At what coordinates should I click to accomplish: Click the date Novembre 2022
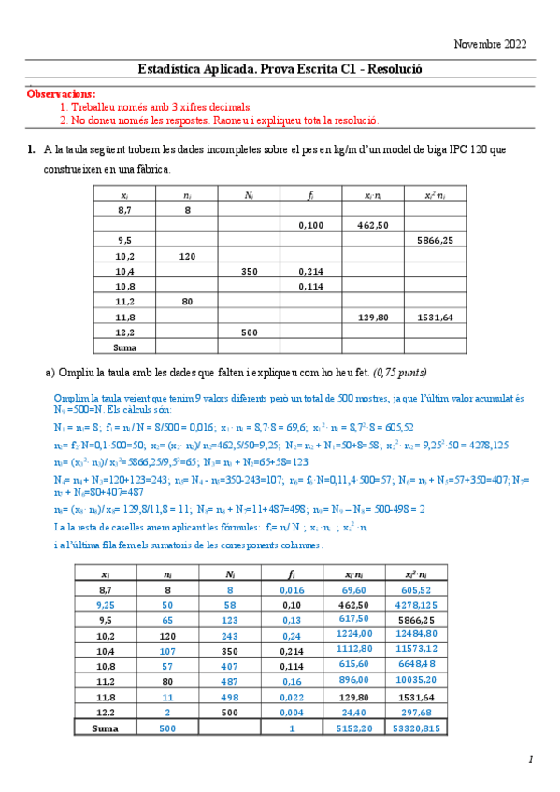tap(490, 44)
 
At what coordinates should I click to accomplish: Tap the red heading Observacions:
tap(61, 94)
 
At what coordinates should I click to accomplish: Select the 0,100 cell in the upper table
tap(309, 225)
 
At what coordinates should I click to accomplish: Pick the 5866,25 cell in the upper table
tap(435, 240)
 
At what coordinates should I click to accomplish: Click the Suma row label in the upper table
tap(124, 346)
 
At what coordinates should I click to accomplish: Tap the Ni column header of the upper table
tap(248, 194)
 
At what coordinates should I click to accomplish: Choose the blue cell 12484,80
tap(435, 633)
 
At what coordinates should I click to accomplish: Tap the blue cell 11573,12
tap(435, 649)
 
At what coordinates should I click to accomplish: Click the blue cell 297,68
tap(435, 711)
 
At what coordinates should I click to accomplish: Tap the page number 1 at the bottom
tap(530, 760)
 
